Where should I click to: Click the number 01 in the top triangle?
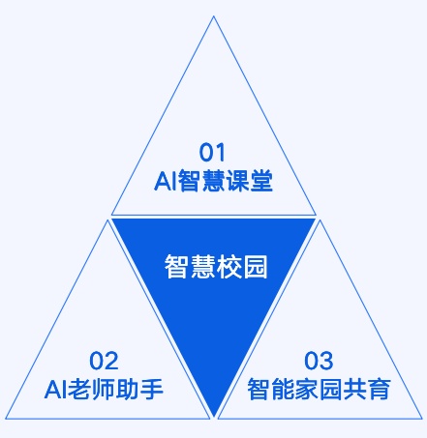[x=212, y=153]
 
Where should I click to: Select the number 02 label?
[x=104, y=361]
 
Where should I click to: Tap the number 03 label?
[x=319, y=361]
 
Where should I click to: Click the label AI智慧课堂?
[x=213, y=181]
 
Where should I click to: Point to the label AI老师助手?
[x=104, y=389]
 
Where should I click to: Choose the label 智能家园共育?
[x=320, y=389]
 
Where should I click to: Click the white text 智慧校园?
[x=216, y=267]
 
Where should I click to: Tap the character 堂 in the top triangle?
[x=261, y=181]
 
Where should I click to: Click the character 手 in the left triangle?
[x=152, y=389]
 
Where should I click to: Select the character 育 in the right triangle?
[x=380, y=389]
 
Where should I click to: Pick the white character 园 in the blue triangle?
[x=256, y=267]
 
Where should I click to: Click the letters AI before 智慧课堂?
[x=165, y=181]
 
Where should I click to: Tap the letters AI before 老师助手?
[x=55, y=390]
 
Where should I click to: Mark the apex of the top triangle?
[x=213, y=16]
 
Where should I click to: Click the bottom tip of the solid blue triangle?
[x=214, y=416]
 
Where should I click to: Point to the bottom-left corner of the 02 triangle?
[x=6, y=419]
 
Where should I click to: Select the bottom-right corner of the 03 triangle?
[x=422, y=419]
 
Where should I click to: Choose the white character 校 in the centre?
[x=229, y=267]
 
